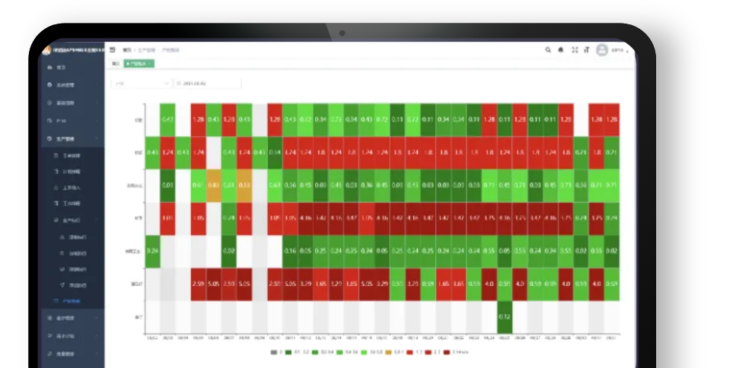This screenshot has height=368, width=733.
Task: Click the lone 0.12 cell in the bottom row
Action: click(x=504, y=316)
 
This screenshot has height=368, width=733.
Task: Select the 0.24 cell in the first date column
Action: click(x=152, y=251)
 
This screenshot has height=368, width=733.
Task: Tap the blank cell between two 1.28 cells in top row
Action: click(x=581, y=119)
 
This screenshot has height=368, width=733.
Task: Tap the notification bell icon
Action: click(x=561, y=50)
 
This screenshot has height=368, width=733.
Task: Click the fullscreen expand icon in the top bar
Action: click(x=575, y=50)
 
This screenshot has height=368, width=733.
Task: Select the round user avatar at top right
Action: click(x=602, y=50)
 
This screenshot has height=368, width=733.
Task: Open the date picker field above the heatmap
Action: click(x=207, y=83)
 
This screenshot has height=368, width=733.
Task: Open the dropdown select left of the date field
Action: click(x=142, y=83)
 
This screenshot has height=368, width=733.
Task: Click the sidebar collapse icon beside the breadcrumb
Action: click(x=113, y=49)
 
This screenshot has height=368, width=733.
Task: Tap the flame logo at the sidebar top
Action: click(x=46, y=50)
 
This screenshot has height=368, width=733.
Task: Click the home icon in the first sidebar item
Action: click(x=49, y=68)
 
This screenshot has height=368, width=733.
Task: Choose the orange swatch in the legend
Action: click(x=388, y=352)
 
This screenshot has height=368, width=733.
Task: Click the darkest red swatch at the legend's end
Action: click(x=447, y=352)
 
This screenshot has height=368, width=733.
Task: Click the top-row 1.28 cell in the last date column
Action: click(x=611, y=119)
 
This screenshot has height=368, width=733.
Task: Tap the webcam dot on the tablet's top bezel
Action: click(x=343, y=33)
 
